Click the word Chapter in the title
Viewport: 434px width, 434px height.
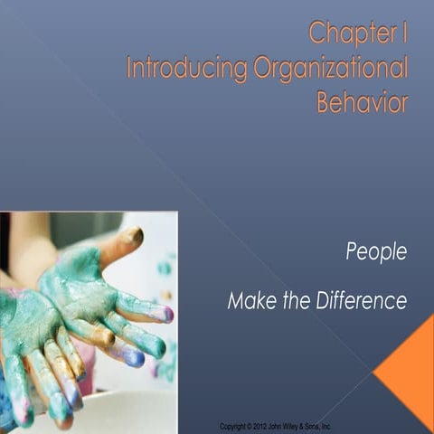pyautogui.click(x=347, y=34)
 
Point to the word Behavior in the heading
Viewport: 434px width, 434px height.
pyautogui.click(x=362, y=102)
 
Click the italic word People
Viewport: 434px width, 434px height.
pyautogui.click(x=376, y=252)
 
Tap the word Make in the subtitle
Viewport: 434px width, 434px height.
pyautogui.click(x=250, y=301)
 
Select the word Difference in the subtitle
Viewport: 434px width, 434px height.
pyautogui.click(x=362, y=301)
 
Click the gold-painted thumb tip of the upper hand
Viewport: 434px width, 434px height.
pyautogui.click(x=132, y=237)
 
